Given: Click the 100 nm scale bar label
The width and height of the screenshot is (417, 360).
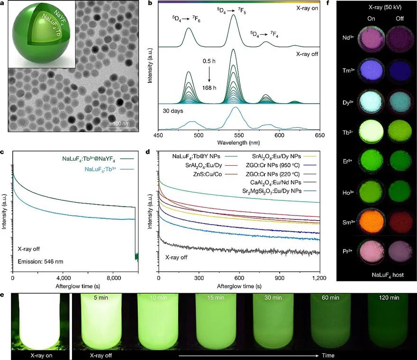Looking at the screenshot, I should (122, 123).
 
